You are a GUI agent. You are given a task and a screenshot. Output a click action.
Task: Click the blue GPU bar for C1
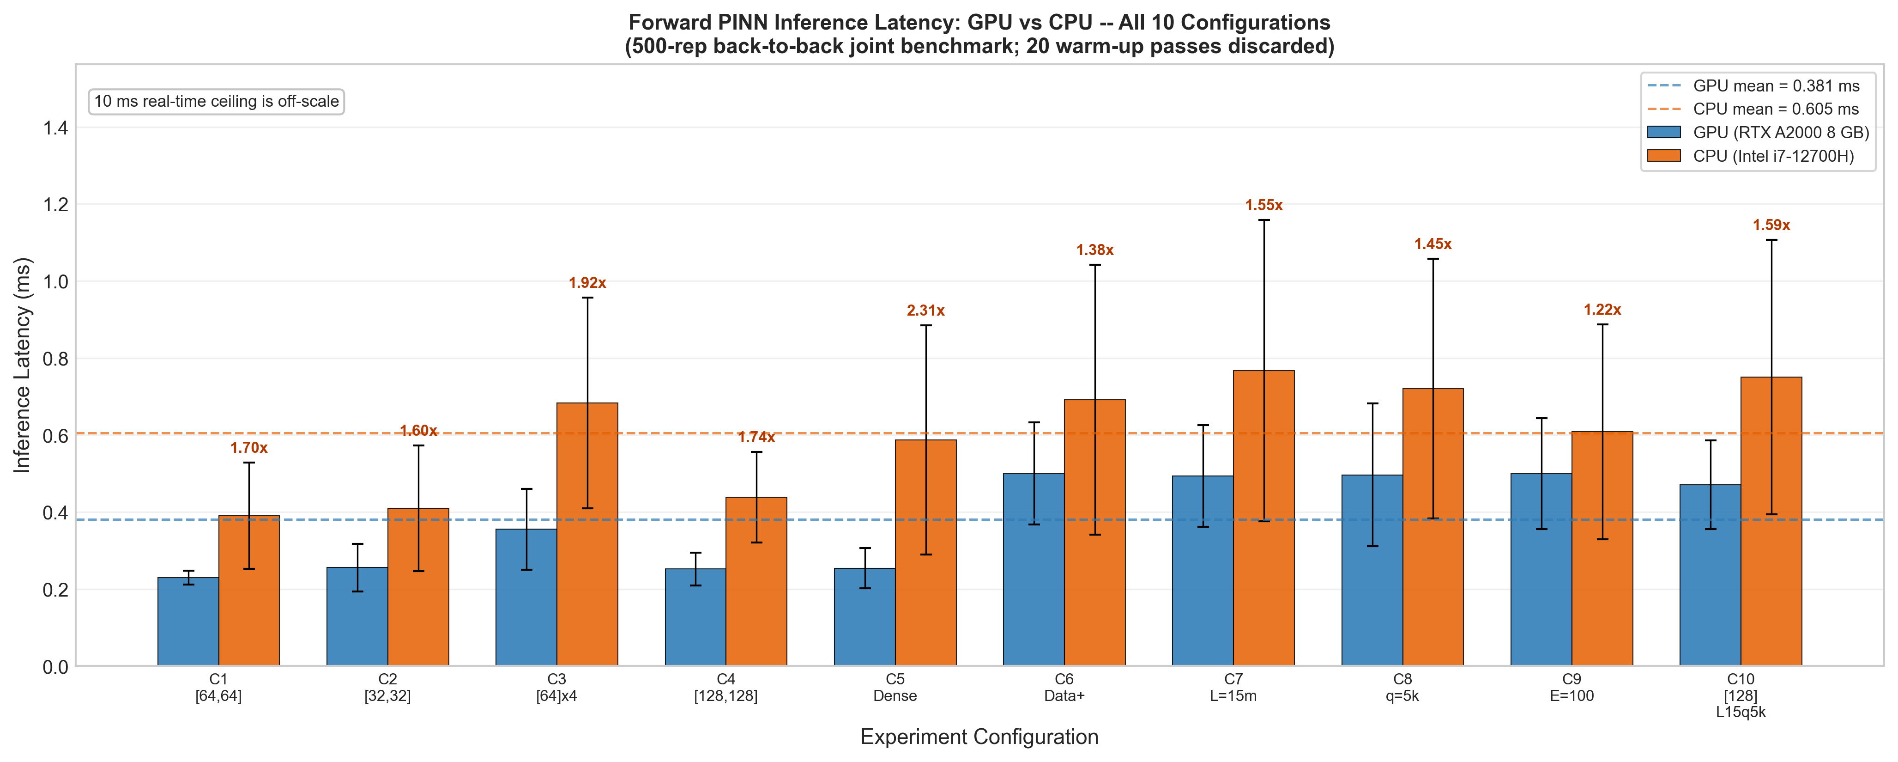(188, 621)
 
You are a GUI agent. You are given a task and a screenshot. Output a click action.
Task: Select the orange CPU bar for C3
(587, 534)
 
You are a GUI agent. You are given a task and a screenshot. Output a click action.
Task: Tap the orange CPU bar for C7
(1263, 518)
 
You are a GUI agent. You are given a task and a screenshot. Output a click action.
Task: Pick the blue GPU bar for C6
(1034, 570)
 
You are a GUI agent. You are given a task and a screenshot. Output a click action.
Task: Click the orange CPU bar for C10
(1771, 522)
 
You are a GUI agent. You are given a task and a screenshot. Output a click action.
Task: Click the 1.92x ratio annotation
(587, 283)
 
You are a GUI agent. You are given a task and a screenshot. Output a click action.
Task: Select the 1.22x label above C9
(1602, 310)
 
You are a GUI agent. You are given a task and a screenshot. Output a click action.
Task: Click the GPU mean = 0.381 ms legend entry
(1753, 86)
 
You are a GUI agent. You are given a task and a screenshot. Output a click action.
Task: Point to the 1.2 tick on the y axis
(55, 205)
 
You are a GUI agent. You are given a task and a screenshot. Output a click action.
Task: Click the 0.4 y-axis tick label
(55, 513)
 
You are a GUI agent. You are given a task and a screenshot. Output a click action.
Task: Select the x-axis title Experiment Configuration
(979, 737)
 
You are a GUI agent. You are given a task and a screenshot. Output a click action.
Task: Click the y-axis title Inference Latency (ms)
(23, 365)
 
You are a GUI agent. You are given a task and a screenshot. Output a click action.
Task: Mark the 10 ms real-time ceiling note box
(217, 102)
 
